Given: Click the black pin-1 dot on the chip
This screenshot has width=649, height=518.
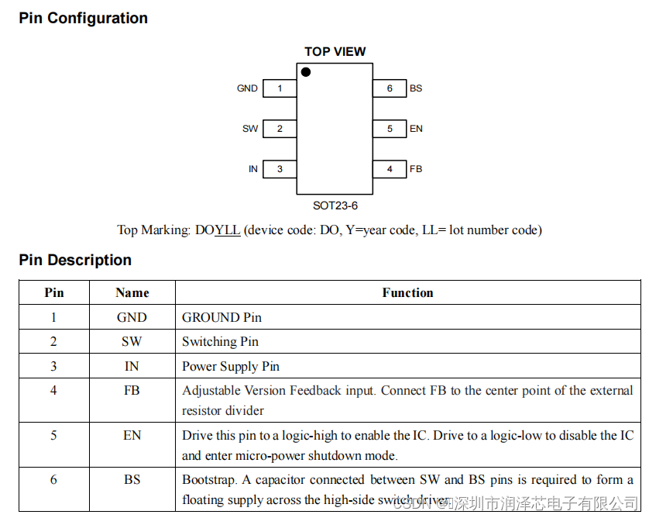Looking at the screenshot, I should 306,72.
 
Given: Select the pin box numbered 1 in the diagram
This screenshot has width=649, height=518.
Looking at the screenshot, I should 280,88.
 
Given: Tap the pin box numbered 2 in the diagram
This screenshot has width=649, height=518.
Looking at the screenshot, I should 280,129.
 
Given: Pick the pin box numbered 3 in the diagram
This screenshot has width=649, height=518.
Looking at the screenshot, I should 280,169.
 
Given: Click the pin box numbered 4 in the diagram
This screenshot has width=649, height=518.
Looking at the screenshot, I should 390,169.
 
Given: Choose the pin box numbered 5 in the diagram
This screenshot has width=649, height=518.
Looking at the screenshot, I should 390,129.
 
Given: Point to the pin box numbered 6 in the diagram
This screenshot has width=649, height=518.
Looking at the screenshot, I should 390,88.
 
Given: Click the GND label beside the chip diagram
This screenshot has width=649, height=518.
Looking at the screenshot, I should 247,88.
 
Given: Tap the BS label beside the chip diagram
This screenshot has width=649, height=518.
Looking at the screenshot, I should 416,88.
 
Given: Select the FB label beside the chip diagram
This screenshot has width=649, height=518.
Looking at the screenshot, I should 416,169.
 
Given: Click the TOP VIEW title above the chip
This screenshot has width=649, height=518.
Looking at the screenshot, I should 335,52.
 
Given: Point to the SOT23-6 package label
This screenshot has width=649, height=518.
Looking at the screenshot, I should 335,206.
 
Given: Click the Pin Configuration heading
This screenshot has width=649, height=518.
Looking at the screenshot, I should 83,18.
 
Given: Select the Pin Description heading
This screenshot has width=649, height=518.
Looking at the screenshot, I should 75,260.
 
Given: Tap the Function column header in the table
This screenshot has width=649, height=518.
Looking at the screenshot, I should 407,292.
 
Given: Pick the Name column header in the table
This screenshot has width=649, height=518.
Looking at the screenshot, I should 132,292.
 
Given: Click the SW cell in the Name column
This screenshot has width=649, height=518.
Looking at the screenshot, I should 132,341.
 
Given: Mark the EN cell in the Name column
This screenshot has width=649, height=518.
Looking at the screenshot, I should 132,435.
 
